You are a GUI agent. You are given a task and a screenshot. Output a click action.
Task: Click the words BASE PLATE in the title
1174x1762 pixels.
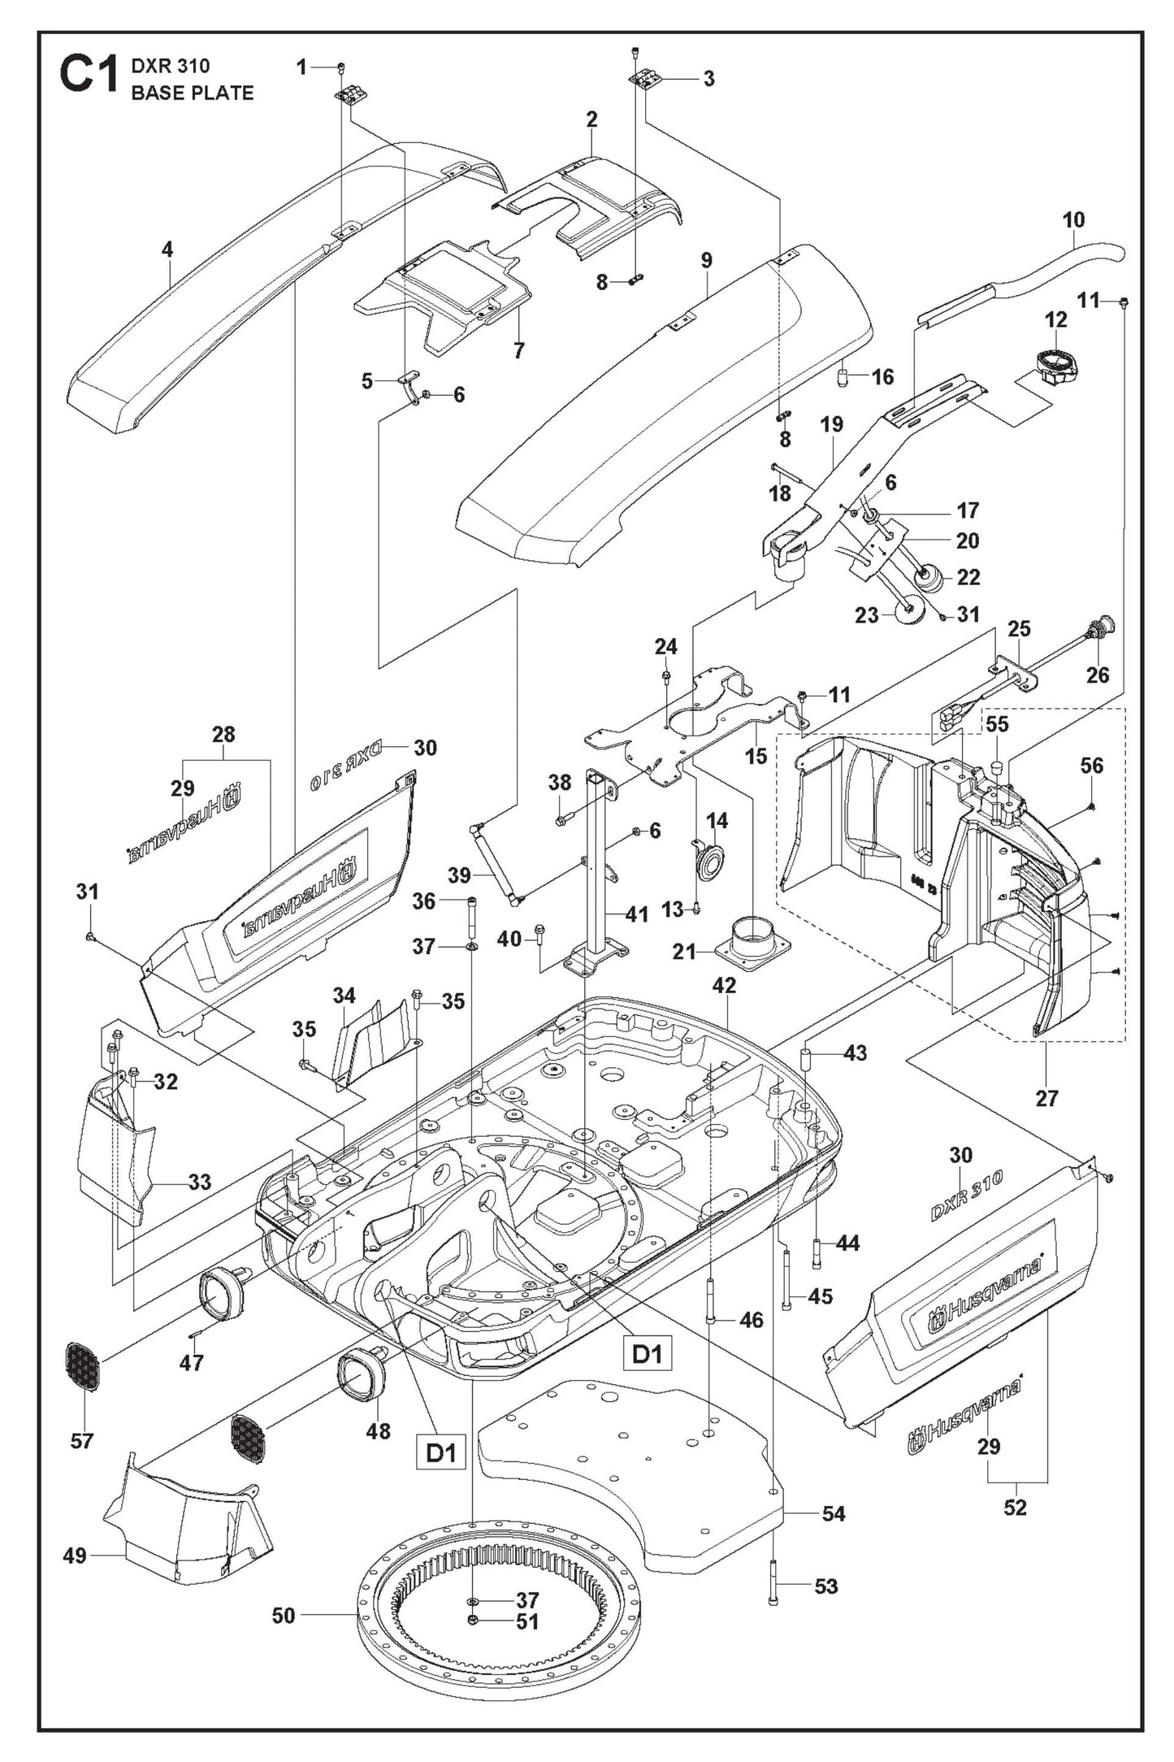click(193, 93)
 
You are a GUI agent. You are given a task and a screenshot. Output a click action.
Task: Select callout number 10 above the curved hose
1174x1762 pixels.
click(1073, 219)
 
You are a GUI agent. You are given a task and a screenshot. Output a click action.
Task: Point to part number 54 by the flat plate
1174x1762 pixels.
click(834, 1513)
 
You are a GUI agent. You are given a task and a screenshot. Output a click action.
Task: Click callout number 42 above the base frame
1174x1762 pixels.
click(724, 985)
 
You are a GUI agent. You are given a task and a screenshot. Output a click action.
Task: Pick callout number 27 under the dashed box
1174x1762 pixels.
click(1046, 1098)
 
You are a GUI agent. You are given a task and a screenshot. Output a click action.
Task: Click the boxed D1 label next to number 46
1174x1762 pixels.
click(648, 1354)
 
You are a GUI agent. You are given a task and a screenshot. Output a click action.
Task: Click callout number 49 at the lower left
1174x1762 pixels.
click(75, 1556)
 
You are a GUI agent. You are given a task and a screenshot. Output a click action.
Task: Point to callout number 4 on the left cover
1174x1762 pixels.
click(167, 250)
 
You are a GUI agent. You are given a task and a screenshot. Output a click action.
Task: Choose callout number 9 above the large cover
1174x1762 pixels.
click(706, 260)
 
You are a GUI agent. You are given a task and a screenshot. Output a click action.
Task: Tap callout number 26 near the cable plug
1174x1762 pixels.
click(1097, 675)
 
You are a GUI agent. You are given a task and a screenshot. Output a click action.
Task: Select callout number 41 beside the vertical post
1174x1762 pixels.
click(637, 914)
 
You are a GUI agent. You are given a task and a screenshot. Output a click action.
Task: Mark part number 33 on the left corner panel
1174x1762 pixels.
click(200, 1181)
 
